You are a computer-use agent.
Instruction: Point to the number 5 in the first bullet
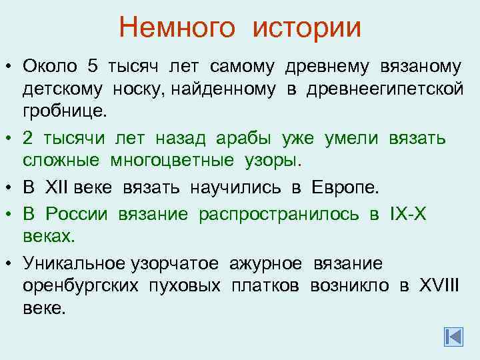93,67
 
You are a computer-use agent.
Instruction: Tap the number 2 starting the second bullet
27,138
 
